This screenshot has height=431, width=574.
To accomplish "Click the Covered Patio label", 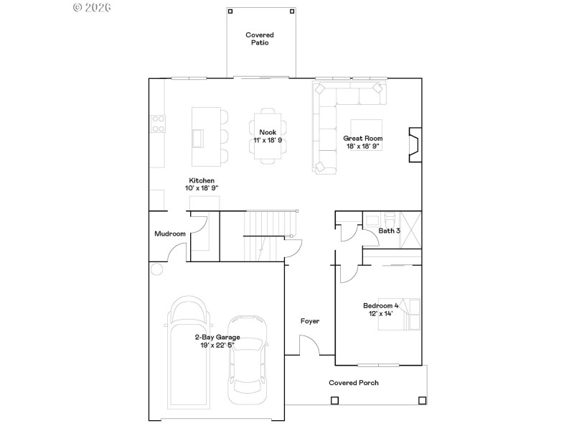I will pyautogui.click(x=259, y=39).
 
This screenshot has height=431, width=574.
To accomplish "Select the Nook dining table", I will pyautogui.click(x=267, y=136).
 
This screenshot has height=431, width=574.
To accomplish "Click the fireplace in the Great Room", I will pyautogui.click(x=414, y=146).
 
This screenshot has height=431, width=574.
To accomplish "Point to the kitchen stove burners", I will pyautogui.click(x=157, y=124).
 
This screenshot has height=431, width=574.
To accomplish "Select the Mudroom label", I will pyautogui.click(x=170, y=233).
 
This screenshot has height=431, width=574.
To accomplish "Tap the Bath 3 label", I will pyautogui.click(x=389, y=231).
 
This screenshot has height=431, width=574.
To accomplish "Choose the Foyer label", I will pyautogui.click(x=309, y=321).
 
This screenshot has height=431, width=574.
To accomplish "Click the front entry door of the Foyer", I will pyautogui.click(x=309, y=346).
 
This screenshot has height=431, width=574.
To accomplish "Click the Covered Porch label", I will pyautogui.click(x=354, y=383).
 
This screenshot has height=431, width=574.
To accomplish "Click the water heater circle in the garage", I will pyautogui.click(x=156, y=269).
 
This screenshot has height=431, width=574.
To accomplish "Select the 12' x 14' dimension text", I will pyautogui.click(x=380, y=314).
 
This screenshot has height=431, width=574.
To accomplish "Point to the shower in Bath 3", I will pyautogui.click(x=410, y=228).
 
